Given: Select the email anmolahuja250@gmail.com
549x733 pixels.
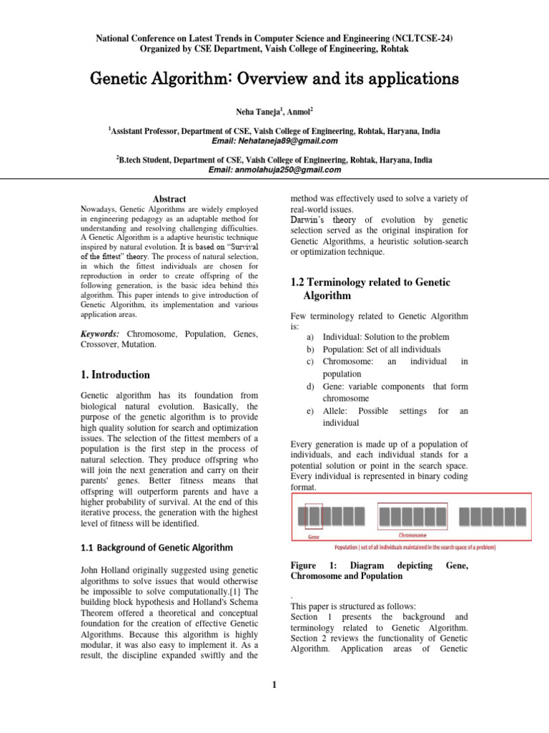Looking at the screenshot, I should coord(274,170).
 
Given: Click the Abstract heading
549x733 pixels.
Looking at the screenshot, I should coord(169,199).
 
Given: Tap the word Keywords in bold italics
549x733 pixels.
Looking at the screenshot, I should coord(99,334).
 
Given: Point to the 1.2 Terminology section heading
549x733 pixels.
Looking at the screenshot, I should coord(370,288).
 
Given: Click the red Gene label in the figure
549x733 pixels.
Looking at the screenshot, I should coord(313,536).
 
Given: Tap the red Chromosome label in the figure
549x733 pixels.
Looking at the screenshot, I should coord(412,535).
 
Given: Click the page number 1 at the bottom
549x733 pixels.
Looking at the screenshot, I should coord(274,686).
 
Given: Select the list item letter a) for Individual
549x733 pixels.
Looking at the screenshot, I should coord(310,336).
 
